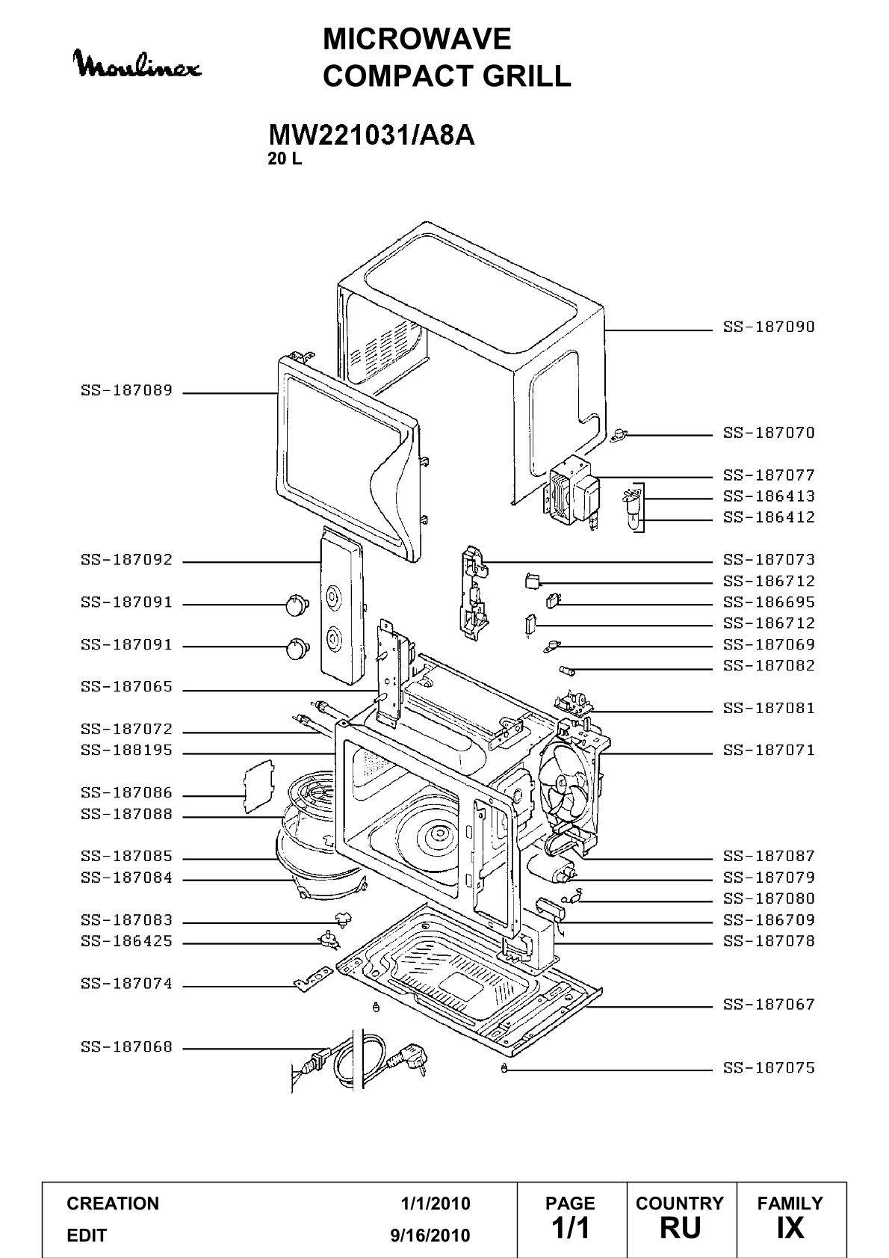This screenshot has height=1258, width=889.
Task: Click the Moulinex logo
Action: pos(138,65)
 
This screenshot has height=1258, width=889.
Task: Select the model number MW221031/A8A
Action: pos(371,135)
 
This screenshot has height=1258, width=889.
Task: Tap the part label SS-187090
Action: pos(768,327)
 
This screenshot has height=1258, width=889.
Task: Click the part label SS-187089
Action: pos(126,390)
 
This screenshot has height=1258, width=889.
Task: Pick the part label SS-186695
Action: pos(768,602)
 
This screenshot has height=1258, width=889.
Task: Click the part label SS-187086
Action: pos(126,792)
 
